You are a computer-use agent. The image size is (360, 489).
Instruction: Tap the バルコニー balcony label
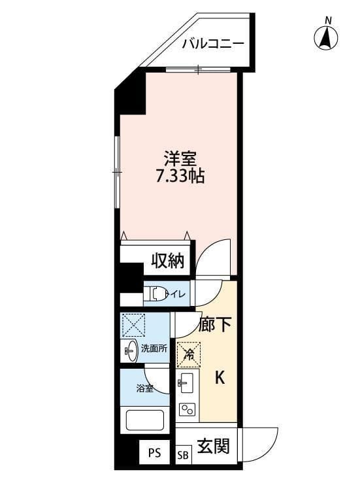point(213,44)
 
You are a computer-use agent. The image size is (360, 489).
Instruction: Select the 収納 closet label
point(167,261)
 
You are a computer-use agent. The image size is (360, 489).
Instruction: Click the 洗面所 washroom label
point(155,348)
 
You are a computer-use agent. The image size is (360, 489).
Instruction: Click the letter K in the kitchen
point(220,377)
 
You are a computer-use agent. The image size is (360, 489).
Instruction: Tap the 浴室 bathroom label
point(144,389)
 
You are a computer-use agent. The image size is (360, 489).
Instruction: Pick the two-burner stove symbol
point(188,410)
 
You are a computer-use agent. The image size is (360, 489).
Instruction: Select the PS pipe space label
point(154,452)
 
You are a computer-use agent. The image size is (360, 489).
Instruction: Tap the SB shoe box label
point(183,454)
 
